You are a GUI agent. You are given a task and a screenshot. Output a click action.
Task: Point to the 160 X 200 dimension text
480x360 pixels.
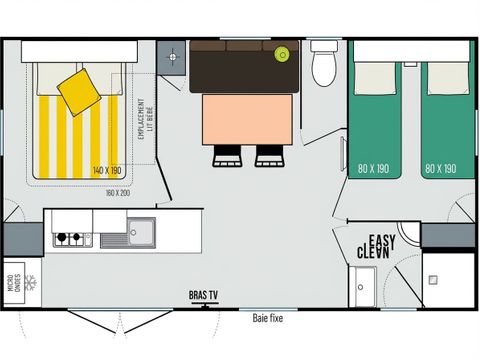click(x=117, y=192)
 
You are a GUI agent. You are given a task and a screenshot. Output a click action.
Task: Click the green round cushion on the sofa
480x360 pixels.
click(x=284, y=54)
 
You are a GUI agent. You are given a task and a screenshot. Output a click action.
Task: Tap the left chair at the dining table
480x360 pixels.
click(x=226, y=155)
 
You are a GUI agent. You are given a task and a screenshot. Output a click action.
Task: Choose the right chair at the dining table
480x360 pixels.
click(x=269, y=155)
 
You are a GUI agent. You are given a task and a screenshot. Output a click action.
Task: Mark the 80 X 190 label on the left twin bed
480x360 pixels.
click(x=375, y=169)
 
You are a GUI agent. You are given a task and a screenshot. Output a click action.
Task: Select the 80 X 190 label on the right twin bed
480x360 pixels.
click(x=441, y=169)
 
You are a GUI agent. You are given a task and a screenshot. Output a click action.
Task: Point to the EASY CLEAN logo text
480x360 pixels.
click(x=378, y=246)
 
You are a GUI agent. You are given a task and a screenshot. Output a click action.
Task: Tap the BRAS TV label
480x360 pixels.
click(x=205, y=295)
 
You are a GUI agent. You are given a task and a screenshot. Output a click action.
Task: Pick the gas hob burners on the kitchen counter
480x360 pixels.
click(x=68, y=238)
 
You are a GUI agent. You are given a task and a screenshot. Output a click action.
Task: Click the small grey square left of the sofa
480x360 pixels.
click(x=172, y=56)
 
